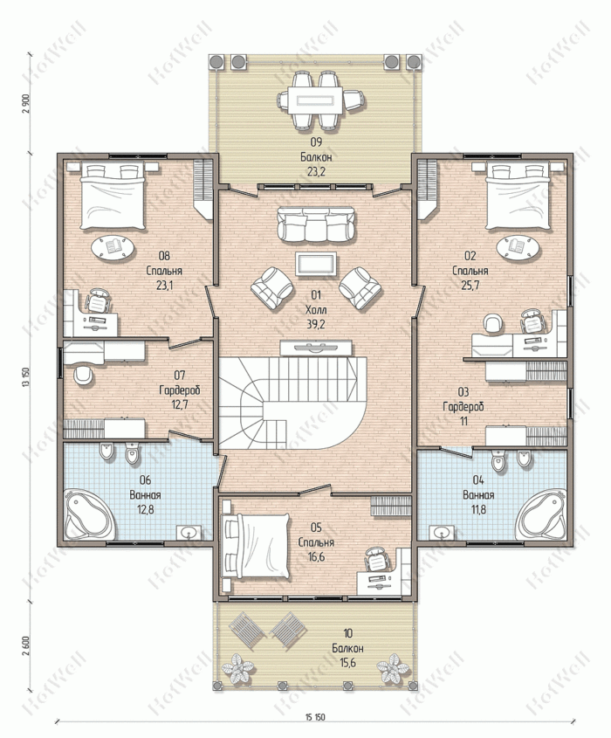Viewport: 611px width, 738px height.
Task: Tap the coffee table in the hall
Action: pyautogui.click(x=316, y=264)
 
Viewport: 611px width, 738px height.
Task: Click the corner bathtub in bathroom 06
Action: pyautogui.click(x=89, y=515)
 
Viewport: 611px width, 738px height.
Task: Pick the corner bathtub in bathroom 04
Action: pyautogui.click(x=541, y=515)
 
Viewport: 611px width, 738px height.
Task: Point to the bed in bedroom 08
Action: pyautogui.click(x=112, y=196)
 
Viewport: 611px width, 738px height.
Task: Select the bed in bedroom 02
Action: pyautogui.click(x=518, y=196)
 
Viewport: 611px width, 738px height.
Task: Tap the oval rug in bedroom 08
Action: pyautogui.click(x=113, y=247)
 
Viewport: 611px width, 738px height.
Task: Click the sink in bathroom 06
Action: pyautogui.click(x=189, y=533)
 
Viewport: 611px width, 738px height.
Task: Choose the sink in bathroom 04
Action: pyautogui.click(x=442, y=533)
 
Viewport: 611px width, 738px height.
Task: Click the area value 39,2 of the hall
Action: pyautogui.click(x=316, y=324)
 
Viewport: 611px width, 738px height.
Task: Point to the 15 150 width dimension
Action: pyautogui.click(x=315, y=717)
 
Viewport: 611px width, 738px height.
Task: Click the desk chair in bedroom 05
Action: pyautogui.click(x=376, y=559)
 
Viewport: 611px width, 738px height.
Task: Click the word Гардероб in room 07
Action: pyautogui.click(x=179, y=390)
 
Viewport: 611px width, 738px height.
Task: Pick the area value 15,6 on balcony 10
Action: pyautogui.click(x=347, y=663)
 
